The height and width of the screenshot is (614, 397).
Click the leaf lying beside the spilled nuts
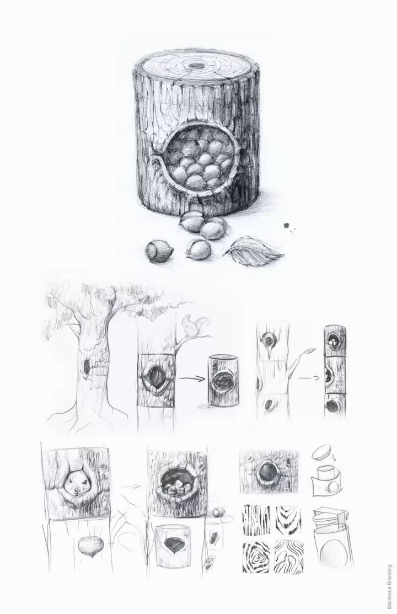(x=254, y=252)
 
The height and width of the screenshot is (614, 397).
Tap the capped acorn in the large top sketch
(x=159, y=250)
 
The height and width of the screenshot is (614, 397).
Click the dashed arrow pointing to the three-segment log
(x=309, y=378)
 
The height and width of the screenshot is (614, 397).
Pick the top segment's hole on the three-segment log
(x=334, y=341)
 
